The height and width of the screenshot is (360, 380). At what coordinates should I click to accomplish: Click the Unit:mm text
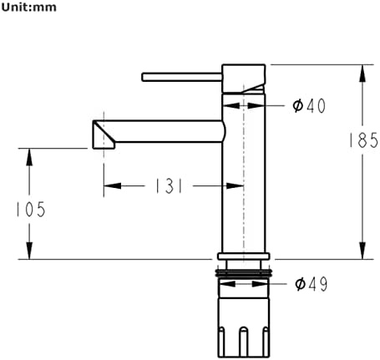28,8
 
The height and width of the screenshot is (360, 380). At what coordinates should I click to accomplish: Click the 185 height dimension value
363,139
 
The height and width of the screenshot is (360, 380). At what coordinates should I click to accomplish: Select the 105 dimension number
31,209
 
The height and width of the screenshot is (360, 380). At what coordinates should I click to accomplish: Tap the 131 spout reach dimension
169,185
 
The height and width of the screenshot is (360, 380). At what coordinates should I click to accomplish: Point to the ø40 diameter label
309,106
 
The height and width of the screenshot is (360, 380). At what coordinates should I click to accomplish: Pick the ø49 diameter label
312,284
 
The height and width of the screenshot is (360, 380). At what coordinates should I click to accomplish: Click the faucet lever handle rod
182,77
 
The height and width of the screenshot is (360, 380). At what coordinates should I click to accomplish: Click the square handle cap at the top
244,79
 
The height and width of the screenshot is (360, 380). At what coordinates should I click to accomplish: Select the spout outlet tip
104,134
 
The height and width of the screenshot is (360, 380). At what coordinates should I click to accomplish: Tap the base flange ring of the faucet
244,256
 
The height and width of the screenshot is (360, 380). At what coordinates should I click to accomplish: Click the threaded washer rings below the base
244,273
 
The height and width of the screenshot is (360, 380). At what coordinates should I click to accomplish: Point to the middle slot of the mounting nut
244,342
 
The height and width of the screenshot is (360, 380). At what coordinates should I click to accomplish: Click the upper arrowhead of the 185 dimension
362,73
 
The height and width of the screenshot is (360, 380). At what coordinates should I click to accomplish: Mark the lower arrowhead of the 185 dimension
362,251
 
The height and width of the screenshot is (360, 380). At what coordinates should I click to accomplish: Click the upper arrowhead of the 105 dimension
29,157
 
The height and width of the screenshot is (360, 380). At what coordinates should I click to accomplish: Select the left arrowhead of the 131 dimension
112,185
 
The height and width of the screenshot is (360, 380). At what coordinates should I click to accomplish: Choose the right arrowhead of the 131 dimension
235,185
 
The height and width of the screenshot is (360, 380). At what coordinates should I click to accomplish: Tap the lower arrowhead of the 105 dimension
29,251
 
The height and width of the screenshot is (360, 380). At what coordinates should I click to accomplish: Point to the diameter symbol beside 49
300,284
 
